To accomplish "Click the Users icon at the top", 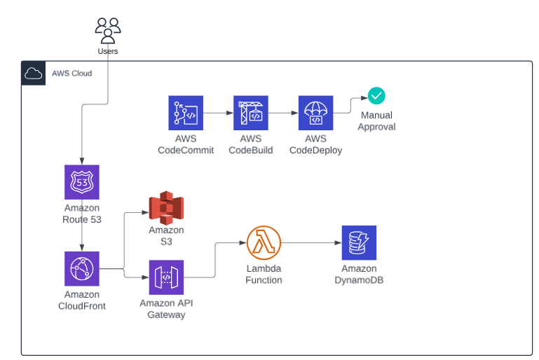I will pyautogui.click(x=108, y=30).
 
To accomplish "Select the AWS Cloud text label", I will pyautogui.click(x=71, y=73).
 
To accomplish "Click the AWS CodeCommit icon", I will pyautogui.click(x=186, y=113).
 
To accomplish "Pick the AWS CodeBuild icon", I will pyautogui.click(x=251, y=113).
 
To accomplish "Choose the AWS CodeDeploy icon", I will pyautogui.click(x=316, y=113).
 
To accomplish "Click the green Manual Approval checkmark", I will pyautogui.click(x=376, y=96).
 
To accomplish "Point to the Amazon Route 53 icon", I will pyautogui.click(x=82, y=182).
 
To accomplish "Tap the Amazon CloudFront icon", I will pyautogui.click(x=82, y=268).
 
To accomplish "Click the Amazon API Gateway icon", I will pyautogui.click(x=166, y=277).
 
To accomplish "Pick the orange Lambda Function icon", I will pyautogui.click(x=264, y=243).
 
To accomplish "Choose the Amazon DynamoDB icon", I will pyautogui.click(x=359, y=242).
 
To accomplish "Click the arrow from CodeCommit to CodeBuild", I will pyautogui.click(x=218, y=113).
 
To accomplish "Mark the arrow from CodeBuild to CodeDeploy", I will pyautogui.click(x=283, y=113).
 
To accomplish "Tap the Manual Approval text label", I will pyautogui.click(x=376, y=120).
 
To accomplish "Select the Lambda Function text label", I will pyautogui.click(x=264, y=274).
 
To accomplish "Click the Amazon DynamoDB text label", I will pyautogui.click(x=359, y=274).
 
